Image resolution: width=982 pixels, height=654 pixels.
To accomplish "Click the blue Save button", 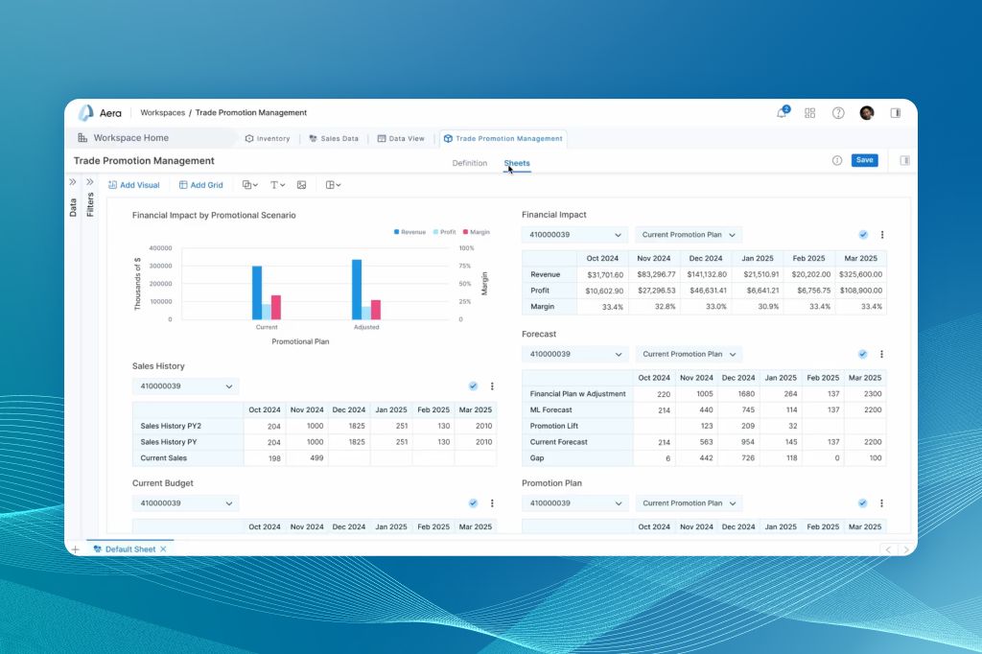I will coord(864,160).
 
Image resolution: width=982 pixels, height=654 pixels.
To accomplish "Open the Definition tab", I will coord(470,163).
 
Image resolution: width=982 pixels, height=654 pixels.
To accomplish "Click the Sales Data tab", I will coord(334,139).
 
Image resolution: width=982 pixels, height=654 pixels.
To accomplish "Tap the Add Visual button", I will coord(134,185).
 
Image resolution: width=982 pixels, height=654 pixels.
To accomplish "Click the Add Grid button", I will coord(200,185).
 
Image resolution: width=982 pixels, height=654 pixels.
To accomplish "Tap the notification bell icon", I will coord(782,113).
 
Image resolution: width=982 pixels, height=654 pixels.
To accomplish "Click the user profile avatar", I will coord(867,113).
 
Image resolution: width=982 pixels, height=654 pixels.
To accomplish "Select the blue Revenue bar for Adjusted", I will coord(357,289).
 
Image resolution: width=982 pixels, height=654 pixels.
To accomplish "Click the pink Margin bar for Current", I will coord(275,307).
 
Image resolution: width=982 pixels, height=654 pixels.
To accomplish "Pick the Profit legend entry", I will coord(444,232).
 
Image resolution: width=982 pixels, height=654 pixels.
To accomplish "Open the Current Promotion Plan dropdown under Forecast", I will coord(689,354).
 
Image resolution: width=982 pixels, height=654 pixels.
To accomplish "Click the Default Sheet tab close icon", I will coord(163,549).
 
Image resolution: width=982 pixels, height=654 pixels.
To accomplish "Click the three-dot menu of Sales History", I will coord(492,386).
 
